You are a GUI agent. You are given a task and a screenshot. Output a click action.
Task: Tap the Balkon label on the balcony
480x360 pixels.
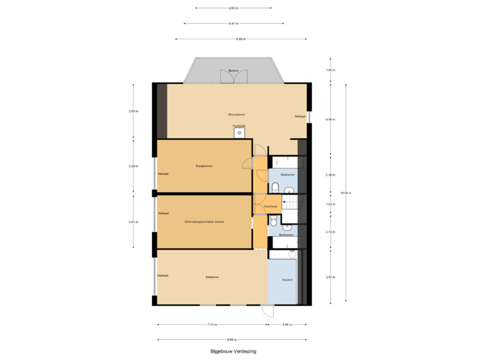click(x=233, y=70)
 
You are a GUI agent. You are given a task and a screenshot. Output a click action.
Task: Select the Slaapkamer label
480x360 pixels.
click(x=204, y=165)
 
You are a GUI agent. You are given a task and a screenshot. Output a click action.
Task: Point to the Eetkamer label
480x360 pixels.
click(x=213, y=277)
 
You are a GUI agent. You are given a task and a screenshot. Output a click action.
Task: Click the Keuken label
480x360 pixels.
click(x=287, y=280)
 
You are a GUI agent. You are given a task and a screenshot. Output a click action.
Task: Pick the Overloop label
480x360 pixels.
click(x=270, y=207)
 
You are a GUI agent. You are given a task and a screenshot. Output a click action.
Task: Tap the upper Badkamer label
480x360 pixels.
click(x=288, y=175)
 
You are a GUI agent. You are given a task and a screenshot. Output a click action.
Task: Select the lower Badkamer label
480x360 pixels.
click(x=286, y=235)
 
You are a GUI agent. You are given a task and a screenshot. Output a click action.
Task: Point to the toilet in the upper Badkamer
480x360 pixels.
click(x=275, y=187)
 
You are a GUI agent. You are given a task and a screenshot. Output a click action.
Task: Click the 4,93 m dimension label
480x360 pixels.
click(x=233, y=9)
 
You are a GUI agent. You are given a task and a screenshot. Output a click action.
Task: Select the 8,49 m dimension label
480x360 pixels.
click(x=240, y=39)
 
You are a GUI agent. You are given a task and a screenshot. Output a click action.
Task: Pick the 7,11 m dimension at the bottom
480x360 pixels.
click(x=211, y=325)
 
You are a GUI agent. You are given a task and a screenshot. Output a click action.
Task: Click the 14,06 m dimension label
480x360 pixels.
click(x=346, y=193)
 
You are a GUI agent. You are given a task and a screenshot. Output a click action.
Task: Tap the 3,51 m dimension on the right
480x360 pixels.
click(x=329, y=277)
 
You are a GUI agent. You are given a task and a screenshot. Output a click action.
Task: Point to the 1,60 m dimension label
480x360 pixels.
click(x=329, y=70)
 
